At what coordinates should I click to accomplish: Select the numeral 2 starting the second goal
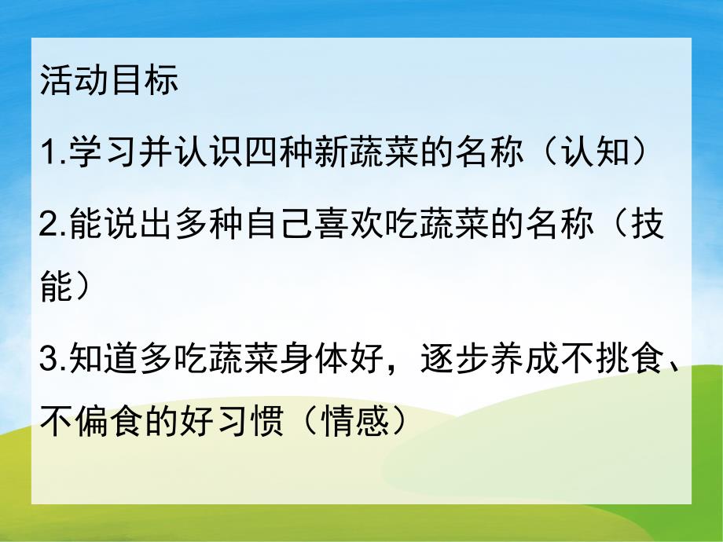[47, 225]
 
